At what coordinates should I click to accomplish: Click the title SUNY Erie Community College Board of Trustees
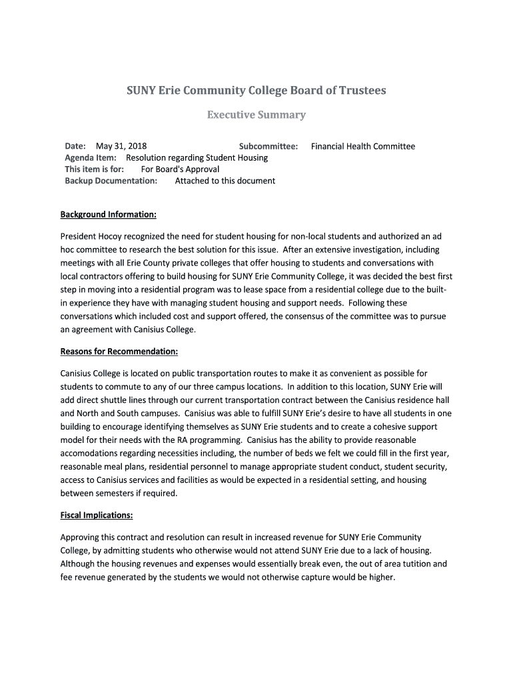click(256, 90)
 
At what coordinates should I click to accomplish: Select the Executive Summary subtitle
click(256, 115)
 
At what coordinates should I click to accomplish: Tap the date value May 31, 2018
click(121, 146)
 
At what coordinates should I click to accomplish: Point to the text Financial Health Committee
click(363, 146)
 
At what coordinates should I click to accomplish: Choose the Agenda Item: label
click(91, 157)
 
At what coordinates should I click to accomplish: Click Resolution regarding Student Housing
click(197, 157)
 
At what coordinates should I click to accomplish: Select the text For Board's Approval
click(180, 169)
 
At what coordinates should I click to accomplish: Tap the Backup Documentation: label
click(111, 180)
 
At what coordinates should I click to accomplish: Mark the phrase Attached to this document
click(225, 180)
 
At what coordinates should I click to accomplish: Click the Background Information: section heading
click(109, 214)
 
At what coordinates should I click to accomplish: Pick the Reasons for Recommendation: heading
click(119, 351)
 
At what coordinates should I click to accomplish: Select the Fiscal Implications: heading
click(97, 515)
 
